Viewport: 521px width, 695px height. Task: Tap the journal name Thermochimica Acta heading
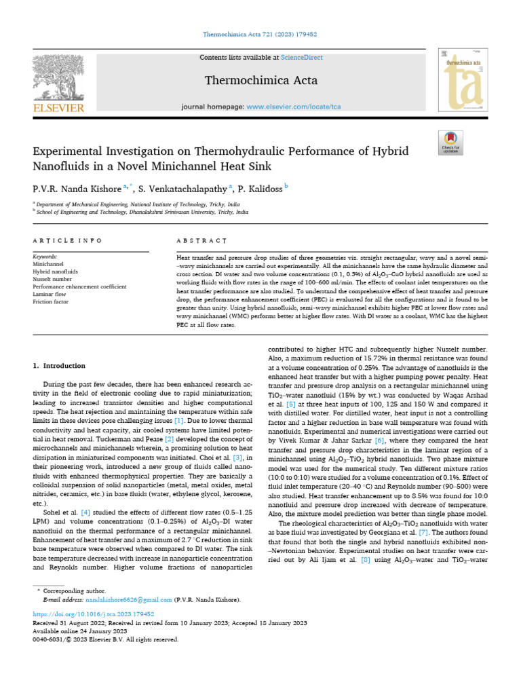click(x=261, y=80)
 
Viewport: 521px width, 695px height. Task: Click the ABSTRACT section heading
click(x=200, y=241)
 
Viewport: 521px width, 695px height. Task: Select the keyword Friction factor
click(x=52, y=301)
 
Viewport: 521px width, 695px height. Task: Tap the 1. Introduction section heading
click(x=60, y=366)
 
